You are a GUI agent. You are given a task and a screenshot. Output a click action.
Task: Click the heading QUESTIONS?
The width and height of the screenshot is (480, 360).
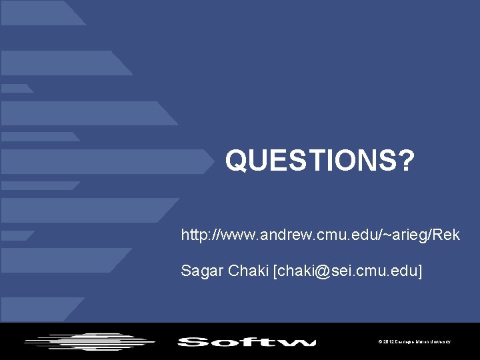coord(319,160)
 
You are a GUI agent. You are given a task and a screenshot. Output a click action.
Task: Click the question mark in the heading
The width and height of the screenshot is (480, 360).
coord(406,160)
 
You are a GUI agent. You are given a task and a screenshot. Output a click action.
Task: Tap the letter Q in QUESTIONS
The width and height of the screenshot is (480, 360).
coord(236,160)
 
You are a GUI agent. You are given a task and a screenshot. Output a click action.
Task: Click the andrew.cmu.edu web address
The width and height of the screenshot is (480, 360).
coord(320,235)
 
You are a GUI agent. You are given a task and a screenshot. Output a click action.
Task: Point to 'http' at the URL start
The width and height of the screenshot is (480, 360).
coord(194,235)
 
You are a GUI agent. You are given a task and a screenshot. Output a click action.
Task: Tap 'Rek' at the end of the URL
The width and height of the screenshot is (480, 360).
coord(446,235)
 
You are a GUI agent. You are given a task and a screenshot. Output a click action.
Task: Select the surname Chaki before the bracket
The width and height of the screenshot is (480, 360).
coord(247,272)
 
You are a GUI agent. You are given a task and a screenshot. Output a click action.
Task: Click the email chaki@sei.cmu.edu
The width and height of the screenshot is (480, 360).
coord(347,272)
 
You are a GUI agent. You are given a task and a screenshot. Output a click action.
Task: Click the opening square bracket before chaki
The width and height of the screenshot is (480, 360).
coord(275,272)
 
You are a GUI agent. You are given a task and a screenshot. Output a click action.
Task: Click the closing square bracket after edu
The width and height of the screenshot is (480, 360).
coord(420,272)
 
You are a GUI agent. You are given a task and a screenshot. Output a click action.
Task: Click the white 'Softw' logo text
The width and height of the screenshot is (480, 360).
coord(247,343)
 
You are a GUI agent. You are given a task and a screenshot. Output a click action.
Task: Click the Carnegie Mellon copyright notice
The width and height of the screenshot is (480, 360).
coord(414,342)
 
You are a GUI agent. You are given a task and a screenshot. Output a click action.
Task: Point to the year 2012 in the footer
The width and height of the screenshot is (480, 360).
coord(387,342)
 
